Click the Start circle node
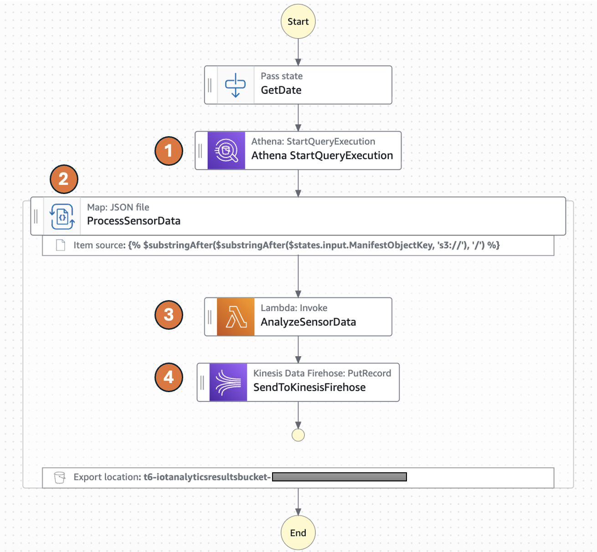(298, 21)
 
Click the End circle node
(298, 532)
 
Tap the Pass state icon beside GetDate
(236, 85)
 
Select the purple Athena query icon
(226, 151)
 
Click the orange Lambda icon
(236, 317)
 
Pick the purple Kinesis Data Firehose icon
(228, 382)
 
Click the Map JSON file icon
(62, 216)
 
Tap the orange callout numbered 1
(169, 151)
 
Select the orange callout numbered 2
(64, 179)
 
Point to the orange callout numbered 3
(169, 315)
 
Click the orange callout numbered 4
(169, 377)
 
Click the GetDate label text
(281, 90)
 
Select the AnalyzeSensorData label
(308, 322)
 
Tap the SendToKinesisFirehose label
(309, 388)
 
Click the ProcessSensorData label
(134, 221)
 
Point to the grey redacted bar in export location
(339, 477)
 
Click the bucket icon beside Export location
(60, 477)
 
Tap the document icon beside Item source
(61, 245)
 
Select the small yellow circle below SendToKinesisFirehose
(298, 435)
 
